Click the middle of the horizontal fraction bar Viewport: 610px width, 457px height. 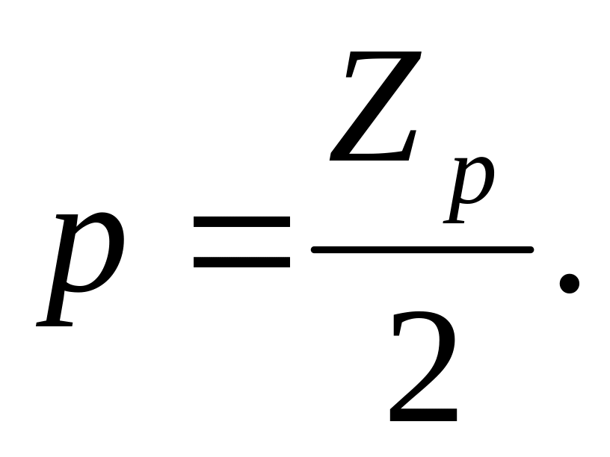[422, 249]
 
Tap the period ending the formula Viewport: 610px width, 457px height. [570, 284]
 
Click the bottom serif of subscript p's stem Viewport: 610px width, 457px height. [455, 221]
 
